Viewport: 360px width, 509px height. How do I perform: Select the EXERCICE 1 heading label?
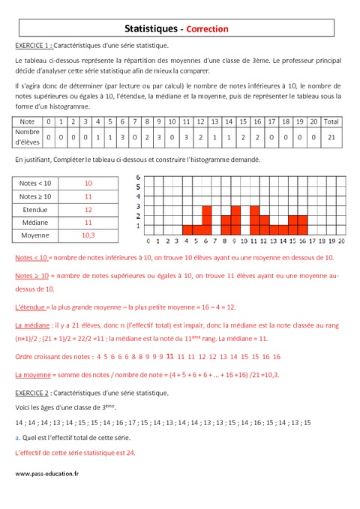click(x=34, y=46)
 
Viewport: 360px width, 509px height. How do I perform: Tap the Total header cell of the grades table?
click(x=331, y=121)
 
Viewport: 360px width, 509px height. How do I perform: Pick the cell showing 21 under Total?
click(x=331, y=137)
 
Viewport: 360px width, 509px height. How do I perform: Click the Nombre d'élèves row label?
click(x=28, y=137)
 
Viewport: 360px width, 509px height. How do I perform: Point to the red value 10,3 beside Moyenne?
click(x=88, y=235)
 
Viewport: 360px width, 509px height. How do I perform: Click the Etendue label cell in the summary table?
click(x=36, y=209)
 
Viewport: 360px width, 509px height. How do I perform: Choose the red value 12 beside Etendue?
click(x=88, y=209)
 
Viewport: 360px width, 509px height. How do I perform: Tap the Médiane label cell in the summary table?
click(x=36, y=222)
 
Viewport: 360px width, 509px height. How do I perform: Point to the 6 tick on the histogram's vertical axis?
click(x=138, y=178)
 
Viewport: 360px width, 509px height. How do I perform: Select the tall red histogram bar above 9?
click(x=235, y=220)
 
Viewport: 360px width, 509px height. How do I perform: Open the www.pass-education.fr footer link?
click(x=46, y=473)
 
